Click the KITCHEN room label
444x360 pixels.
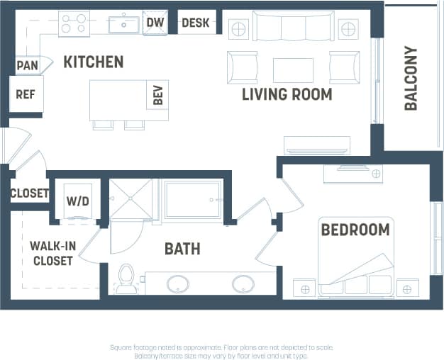(x=94, y=62)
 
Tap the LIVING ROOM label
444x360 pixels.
(x=287, y=94)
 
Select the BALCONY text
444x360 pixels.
(x=411, y=78)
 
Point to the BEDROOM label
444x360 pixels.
(x=355, y=230)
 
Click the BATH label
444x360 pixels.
(x=182, y=249)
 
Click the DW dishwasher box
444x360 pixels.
(x=155, y=23)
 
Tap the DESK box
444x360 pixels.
(x=196, y=23)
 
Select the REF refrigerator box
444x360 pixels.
(x=26, y=94)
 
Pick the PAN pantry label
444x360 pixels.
(x=27, y=66)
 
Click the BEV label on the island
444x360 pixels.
(x=157, y=96)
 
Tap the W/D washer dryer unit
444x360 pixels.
(x=78, y=201)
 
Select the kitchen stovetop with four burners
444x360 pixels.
(x=74, y=23)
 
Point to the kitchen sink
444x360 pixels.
(x=123, y=23)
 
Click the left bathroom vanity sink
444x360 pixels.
(x=178, y=283)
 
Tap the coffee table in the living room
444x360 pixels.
(x=293, y=69)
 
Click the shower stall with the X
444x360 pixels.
(x=131, y=199)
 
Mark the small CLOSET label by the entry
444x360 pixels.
(x=29, y=193)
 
